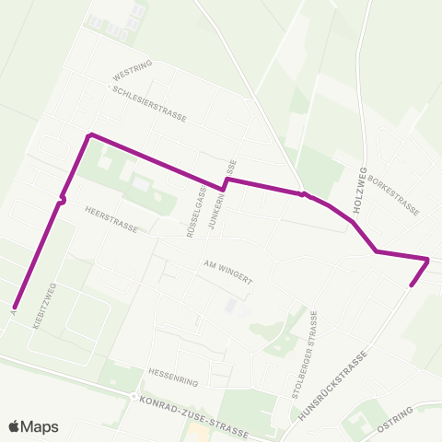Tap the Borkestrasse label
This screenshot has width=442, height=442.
[x=393, y=195]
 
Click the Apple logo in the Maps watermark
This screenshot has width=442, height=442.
[x=15, y=426]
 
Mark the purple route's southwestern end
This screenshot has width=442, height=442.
[x=15, y=307]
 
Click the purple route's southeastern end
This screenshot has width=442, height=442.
[x=411, y=285]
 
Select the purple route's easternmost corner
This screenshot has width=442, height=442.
[x=428, y=259]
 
